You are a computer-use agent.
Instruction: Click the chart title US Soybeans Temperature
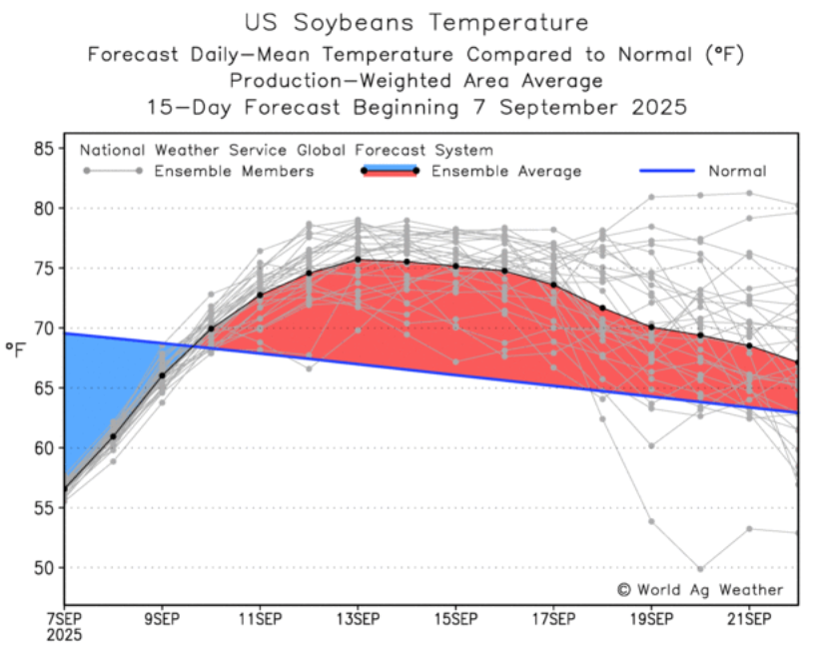coord(415,22)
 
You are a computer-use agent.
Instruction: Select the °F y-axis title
coord(15,348)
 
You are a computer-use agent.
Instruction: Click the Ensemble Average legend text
coord(505,172)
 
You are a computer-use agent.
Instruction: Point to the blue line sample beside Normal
coord(666,172)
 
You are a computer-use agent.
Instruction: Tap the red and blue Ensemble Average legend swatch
coord(388,171)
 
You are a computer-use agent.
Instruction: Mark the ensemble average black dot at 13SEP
coord(357,260)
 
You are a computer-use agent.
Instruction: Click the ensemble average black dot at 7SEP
coord(64,489)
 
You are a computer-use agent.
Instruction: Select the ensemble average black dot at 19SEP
coord(651,327)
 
